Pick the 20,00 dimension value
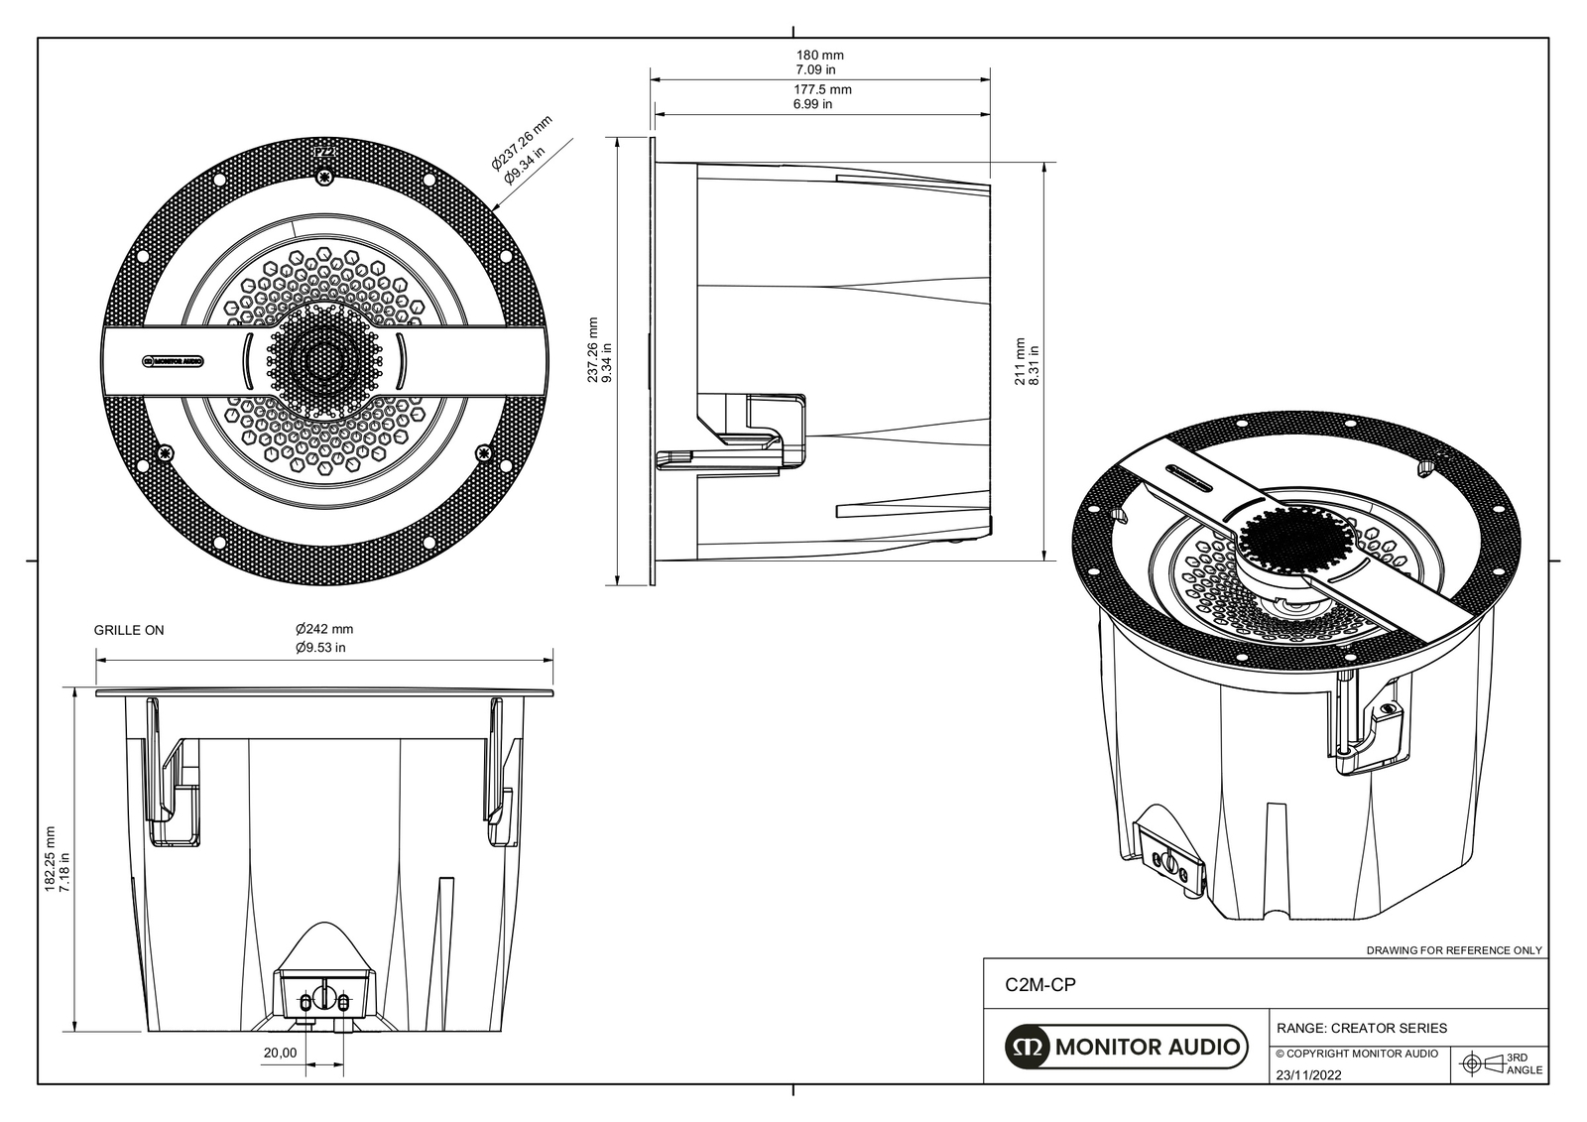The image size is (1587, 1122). pyautogui.click(x=280, y=1053)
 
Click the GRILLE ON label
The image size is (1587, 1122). pyautogui.click(x=129, y=630)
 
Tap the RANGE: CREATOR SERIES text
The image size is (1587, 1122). pyautogui.click(x=1361, y=1028)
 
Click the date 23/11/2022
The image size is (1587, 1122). pyautogui.click(x=1308, y=1074)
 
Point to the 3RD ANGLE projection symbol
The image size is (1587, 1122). pyautogui.click(x=1472, y=1063)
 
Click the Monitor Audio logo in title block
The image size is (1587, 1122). pyautogui.click(x=1125, y=1047)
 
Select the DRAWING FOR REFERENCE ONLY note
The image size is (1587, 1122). pyautogui.click(x=1454, y=950)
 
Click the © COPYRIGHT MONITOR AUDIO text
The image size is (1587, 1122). pyautogui.click(x=1356, y=1054)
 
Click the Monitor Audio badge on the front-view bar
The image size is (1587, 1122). pyautogui.click(x=174, y=361)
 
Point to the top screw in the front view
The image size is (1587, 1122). pyautogui.click(x=323, y=178)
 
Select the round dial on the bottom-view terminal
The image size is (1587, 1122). pyautogui.click(x=322, y=995)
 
